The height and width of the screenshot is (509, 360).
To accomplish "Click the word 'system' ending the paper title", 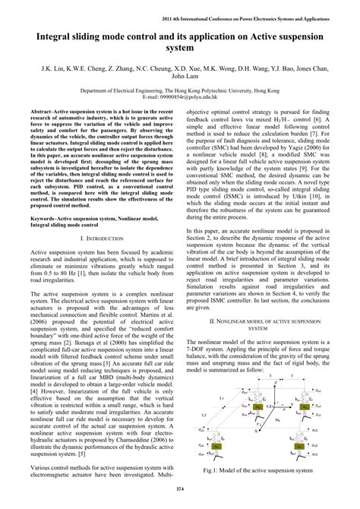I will pos(180,49).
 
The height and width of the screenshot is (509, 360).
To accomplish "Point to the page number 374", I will pos(180,488).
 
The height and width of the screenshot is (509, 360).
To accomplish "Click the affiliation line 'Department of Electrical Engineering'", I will pos(180,90).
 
